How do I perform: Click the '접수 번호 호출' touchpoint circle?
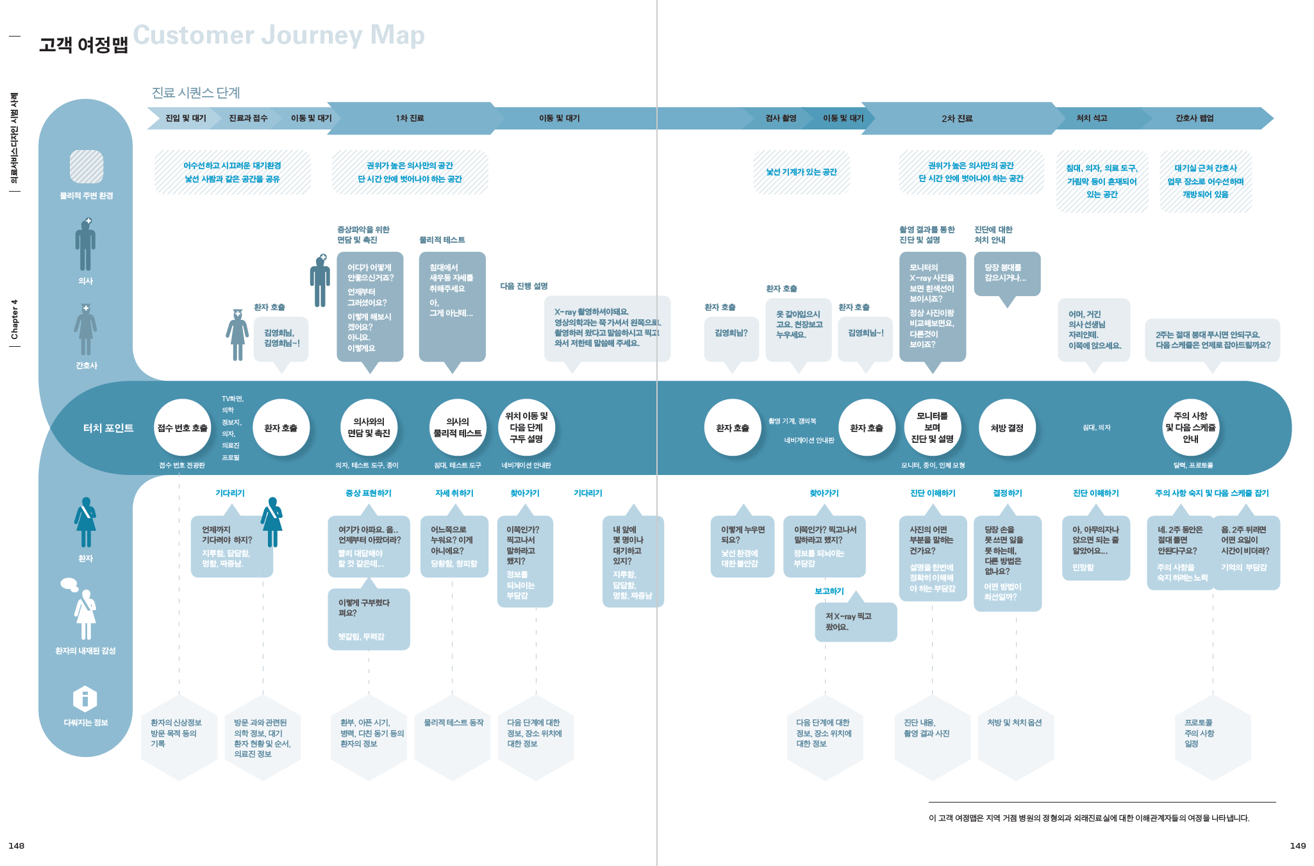183,428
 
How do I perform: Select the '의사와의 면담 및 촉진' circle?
369,428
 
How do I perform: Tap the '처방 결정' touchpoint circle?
1007,428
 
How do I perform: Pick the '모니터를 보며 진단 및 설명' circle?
932,428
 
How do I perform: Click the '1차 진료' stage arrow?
410,119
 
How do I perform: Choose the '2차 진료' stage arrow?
957,119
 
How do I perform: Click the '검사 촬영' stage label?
781,119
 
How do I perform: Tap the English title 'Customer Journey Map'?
279,35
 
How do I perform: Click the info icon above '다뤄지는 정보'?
85,699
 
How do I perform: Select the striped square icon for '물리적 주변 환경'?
87,167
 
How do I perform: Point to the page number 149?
1297,845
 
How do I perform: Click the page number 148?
17,845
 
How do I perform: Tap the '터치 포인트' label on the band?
108,428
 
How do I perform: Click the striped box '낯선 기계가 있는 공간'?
802,172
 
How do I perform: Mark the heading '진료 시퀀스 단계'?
195,93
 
